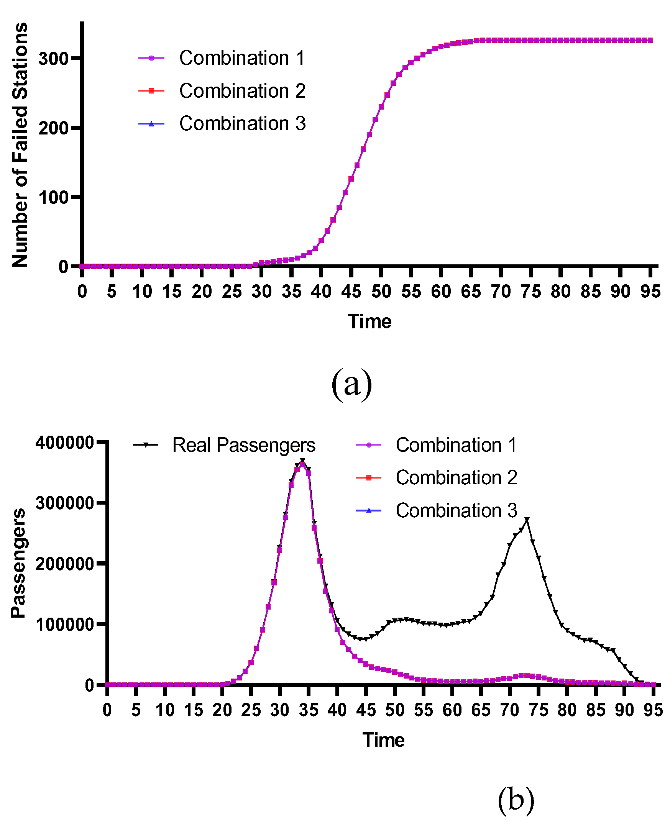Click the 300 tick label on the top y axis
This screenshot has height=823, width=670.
[53, 59]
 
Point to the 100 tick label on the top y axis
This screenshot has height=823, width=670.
[53, 198]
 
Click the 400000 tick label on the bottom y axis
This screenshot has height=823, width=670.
[64, 443]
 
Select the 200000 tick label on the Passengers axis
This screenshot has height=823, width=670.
[64, 564]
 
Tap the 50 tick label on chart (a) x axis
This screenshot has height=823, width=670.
[381, 292]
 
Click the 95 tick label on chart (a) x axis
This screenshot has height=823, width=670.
[650, 292]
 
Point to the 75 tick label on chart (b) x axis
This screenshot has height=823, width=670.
[539, 710]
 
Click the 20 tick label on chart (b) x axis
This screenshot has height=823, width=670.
[222, 710]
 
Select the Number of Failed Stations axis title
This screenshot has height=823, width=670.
[20, 145]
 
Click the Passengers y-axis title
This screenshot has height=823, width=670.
[18, 563]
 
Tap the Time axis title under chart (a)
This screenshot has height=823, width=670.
[369, 321]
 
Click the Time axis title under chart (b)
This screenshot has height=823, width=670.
[383, 740]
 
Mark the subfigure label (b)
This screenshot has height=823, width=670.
[516, 800]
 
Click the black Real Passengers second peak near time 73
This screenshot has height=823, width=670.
[527, 520]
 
